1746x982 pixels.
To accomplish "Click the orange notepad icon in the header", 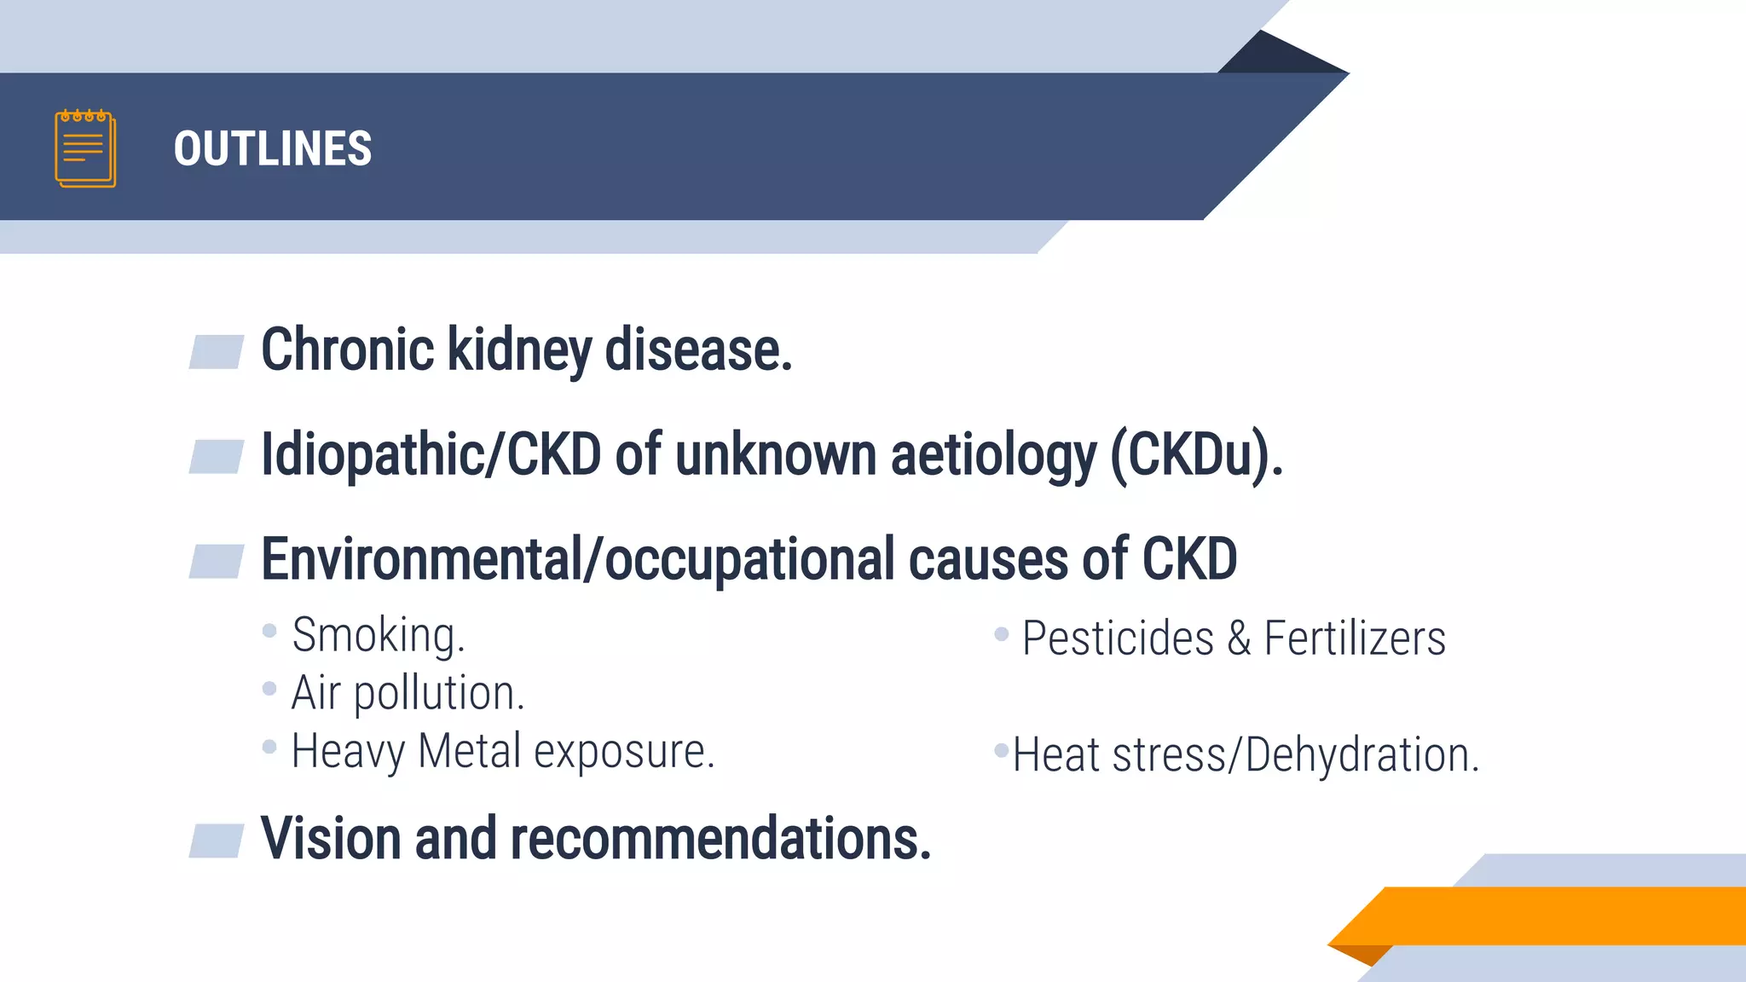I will (x=85, y=148).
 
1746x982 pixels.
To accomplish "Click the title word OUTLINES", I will (x=273, y=149).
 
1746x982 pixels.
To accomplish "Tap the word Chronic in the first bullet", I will (x=348, y=349).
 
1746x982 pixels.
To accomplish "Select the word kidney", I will (x=519, y=351).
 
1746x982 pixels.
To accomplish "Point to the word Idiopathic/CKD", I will (x=431, y=454).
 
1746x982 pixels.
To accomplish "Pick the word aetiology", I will (x=993, y=456).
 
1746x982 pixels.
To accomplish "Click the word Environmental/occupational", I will (x=577, y=560).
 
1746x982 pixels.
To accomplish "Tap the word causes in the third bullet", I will (x=988, y=560).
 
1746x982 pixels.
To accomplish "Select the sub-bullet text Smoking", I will (x=379, y=636).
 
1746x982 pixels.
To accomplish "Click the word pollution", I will (x=439, y=693).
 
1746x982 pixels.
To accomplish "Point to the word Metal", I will (x=469, y=752).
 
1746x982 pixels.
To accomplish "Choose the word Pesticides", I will (x=1118, y=638).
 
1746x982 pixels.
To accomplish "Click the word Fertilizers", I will (x=1355, y=638).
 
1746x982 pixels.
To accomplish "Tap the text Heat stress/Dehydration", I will (x=1246, y=755).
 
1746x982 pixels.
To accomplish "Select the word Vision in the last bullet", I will (x=331, y=839).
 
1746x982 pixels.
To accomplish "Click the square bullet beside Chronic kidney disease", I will (x=217, y=352).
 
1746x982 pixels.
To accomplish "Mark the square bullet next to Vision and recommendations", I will (x=217, y=840).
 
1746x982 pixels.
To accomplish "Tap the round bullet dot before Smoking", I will (x=269, y=631).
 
